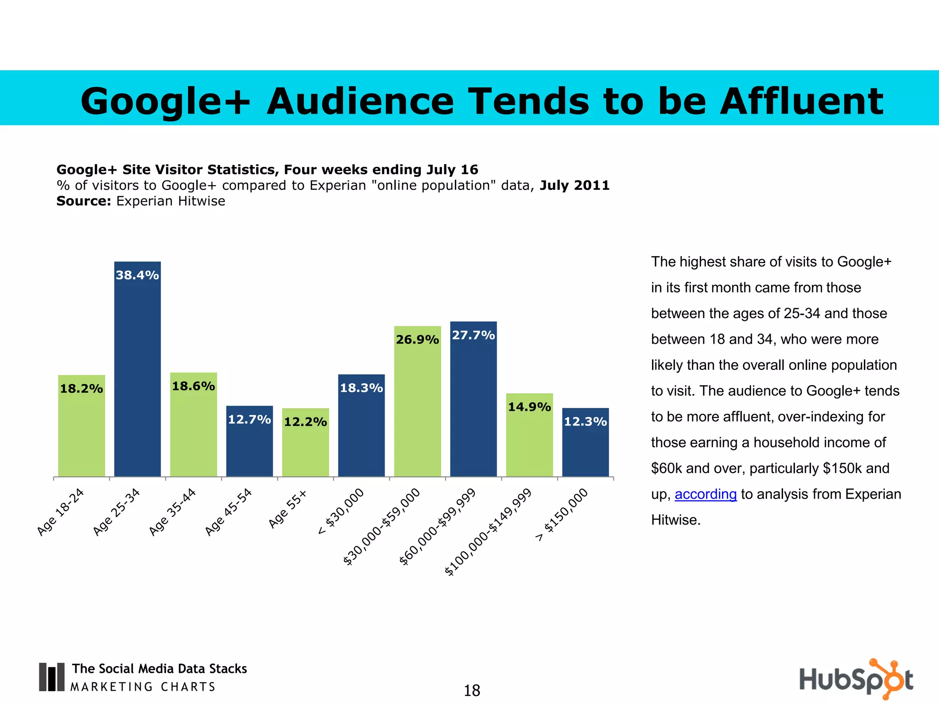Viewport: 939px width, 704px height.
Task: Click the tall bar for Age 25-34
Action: pos(138,376)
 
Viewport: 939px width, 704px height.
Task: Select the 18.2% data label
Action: pos(82,389)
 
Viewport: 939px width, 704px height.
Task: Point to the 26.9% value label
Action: pos(417,340)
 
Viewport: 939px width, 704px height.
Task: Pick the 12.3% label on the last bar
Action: pos(585,422)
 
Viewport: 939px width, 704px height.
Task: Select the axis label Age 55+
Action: pos(287,509)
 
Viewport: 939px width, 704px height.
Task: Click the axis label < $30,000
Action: pos(341,511)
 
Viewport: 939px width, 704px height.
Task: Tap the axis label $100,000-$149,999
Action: pos(489,532)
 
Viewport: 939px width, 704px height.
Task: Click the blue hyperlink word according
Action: pos(705,494)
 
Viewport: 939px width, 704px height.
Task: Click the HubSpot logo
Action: pos(856,679)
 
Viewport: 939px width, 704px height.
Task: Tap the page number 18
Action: pos(472,690)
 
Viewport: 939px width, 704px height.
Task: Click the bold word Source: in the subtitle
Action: pos(83,201)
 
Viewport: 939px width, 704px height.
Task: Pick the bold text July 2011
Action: pos(574,186)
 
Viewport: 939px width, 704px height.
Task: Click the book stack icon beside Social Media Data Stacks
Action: pos(51,676)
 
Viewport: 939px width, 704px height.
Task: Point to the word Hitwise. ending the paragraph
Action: pos(675,520)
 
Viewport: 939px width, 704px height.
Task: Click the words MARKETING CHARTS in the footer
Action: pos(143,687)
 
